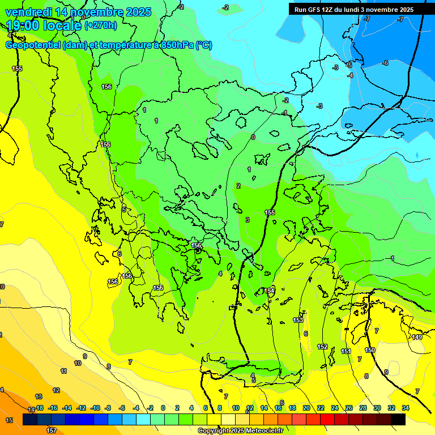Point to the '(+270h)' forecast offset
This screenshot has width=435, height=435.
tap(101, 25)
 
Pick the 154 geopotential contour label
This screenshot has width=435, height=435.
tap(269, 291)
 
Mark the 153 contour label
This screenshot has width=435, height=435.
tap(298, 320)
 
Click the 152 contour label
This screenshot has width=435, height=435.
tap(322, 347)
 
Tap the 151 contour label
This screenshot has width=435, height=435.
tap(346, 351)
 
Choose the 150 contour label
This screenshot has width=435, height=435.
tap(370, 350)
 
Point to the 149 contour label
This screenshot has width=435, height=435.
tap(417, 338)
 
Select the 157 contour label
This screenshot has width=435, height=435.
tap(52, 430)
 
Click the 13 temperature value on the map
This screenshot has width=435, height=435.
tap(39, 396)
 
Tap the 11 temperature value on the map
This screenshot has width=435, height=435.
tap(63, 371)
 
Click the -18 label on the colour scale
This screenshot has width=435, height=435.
tap(39, 408)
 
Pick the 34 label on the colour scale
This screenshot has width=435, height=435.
tap(406, 408)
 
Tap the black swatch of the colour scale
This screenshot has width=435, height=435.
tap(398, 419)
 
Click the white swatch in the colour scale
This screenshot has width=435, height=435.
tap(228, 419)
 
